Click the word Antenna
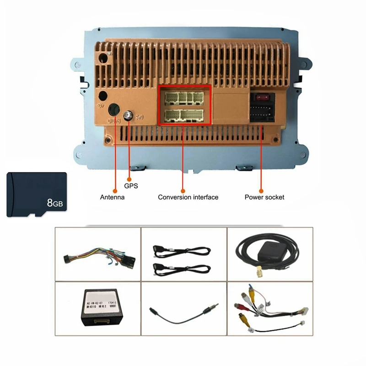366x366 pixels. point(112,197)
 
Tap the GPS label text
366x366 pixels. point(131,186)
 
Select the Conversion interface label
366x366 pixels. point(188,197)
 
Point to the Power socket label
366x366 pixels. point(264,197)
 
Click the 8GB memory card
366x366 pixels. point(37,194)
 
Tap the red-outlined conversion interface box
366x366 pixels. point(184,105)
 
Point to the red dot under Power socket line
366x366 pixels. point(261,190)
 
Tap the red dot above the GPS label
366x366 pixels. point(129,179)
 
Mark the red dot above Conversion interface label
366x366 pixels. point(183,190)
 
